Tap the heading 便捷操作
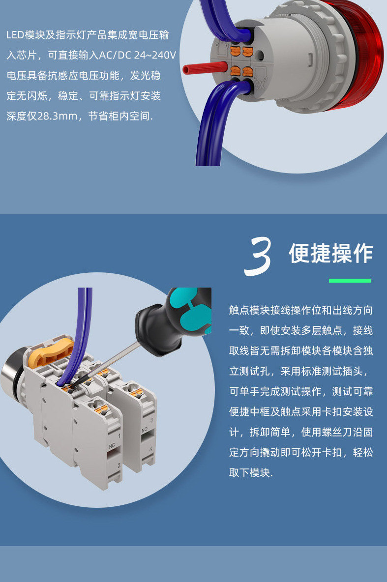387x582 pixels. [x=330, y=254]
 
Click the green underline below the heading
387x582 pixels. [x=349, y=281]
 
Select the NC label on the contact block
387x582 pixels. [x=112, y=446]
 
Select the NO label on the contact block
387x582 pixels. [x=145, y=429]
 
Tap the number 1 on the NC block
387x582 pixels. [x=119, y=436]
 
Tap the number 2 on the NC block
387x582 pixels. [x=119, y=464]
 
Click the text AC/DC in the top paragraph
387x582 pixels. [x=115, y=56]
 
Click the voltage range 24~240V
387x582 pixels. [x=154, y=56]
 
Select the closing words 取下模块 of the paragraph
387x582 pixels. [x=249, y=473]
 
